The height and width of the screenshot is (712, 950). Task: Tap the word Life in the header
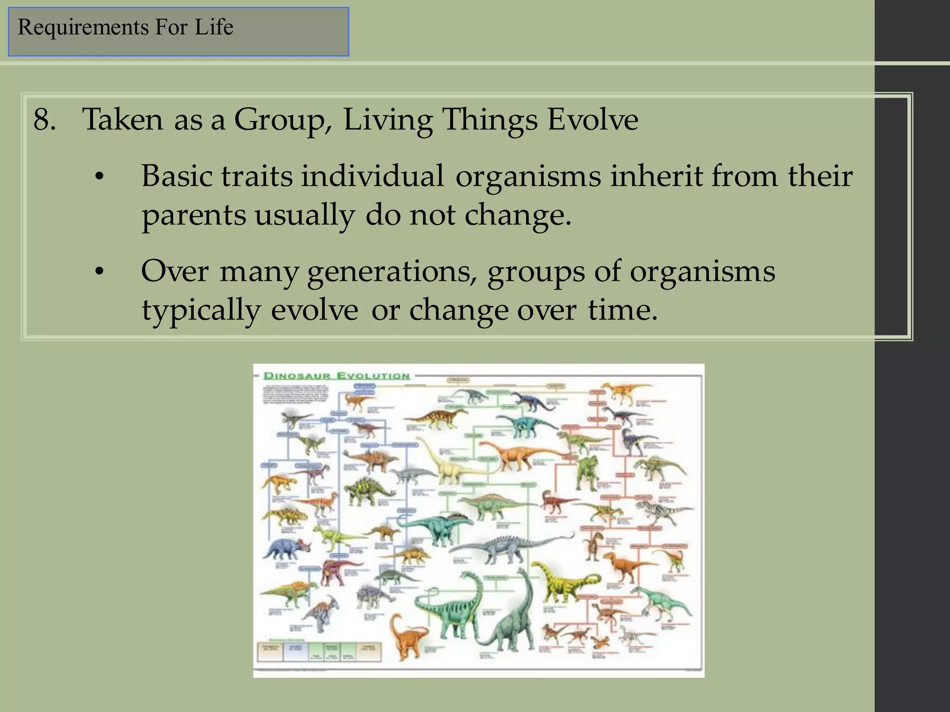214,27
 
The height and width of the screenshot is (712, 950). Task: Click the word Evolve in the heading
592,120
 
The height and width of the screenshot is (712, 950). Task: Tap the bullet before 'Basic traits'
98,178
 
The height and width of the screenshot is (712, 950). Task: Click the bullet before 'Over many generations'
98,273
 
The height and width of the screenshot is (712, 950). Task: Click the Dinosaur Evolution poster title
337,376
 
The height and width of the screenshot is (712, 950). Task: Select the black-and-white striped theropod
663,510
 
